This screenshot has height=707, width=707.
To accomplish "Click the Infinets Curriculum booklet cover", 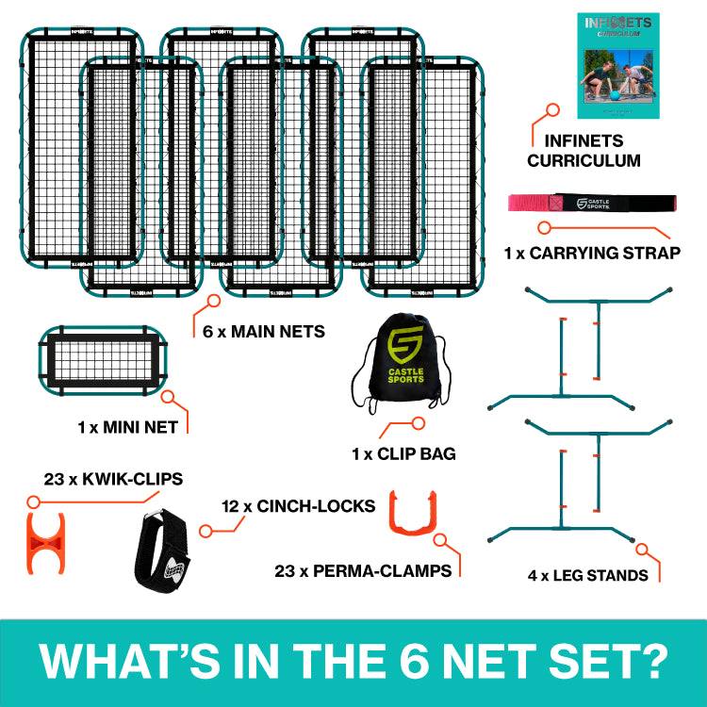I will (618, 65).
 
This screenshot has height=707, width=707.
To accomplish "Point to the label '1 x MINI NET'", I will (128, 427).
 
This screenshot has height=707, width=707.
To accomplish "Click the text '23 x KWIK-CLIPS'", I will (113, 479).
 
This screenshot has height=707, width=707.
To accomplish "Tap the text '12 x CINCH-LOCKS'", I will (298, 506).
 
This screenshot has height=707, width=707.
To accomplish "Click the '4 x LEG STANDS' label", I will (588, 574).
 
